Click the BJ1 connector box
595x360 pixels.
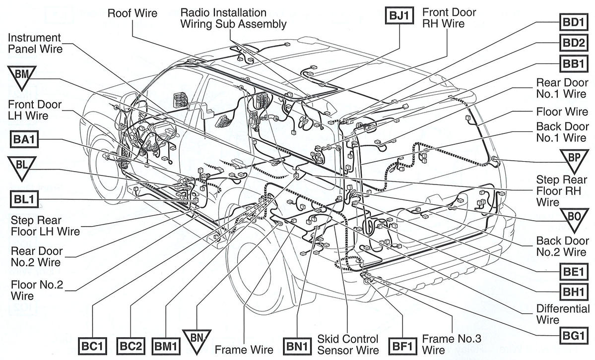(399, 15)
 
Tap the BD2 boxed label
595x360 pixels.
(573, 43)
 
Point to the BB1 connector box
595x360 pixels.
(573, 63)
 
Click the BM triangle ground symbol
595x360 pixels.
(22, 76)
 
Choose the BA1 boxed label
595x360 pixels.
(24, 139)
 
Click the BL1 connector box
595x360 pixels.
(24, 199)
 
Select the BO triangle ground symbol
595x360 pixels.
(574, 219)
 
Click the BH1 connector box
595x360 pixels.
(573, 292)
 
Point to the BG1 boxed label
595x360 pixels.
(573, 336)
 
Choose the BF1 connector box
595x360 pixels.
(402, 346)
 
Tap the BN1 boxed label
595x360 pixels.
(297, 346)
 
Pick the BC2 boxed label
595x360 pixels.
(131, 346)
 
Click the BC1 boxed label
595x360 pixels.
(92, 346)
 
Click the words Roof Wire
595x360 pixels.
(132, 13)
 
